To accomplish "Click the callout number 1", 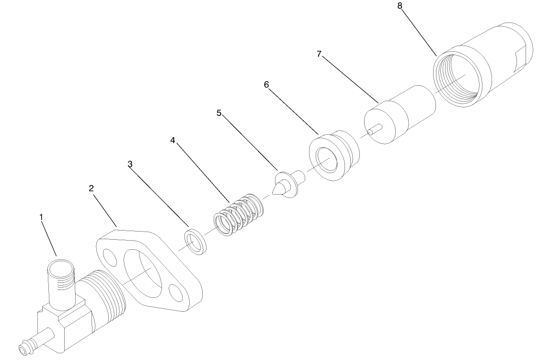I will click(x=42, y=217).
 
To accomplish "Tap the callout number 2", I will click(x=91, y=188).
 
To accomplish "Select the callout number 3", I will click(x=130, y=164).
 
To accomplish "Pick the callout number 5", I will click(x=219, y=113).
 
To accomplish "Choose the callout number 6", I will click(x=266, y=85).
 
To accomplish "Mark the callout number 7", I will click(x=319, y=54).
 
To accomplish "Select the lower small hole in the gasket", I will click(x=176, y=292).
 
